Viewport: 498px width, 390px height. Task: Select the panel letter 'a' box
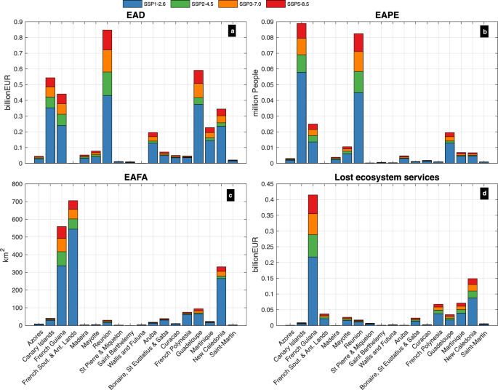coord(232,31)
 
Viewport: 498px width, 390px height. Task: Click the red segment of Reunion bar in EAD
coord(107,40)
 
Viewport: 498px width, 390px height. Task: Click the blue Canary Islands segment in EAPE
coord(301,116)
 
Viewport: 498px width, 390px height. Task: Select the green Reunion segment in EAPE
coord(358,81)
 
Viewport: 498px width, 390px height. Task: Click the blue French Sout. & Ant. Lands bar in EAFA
coord(73,276)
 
